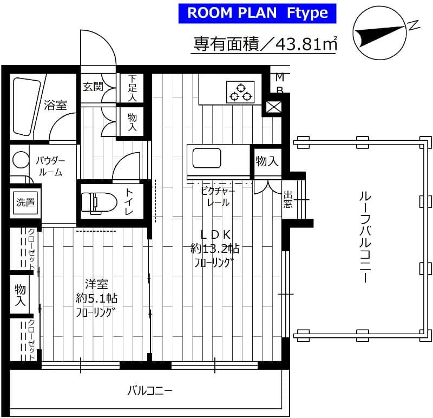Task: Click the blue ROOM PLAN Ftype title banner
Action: tap(258, 13)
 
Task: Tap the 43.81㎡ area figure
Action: tap(306, 44)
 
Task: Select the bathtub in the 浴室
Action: tap(26, 106)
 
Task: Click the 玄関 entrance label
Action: tap(93, 86)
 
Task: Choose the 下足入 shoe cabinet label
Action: tap(132, 88)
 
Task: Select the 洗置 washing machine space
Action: tap(25, 203)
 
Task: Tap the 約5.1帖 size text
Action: tap(97, 298)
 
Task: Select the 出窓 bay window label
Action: tap(288, 199)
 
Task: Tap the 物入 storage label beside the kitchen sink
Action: tap(267, 161)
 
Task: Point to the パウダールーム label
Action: tap(50, 166)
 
